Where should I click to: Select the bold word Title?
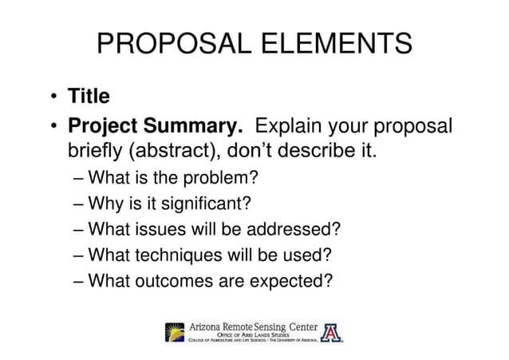click(89, 97)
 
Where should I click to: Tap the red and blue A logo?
click(332, 331)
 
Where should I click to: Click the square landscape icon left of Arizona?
click(173, 331)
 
